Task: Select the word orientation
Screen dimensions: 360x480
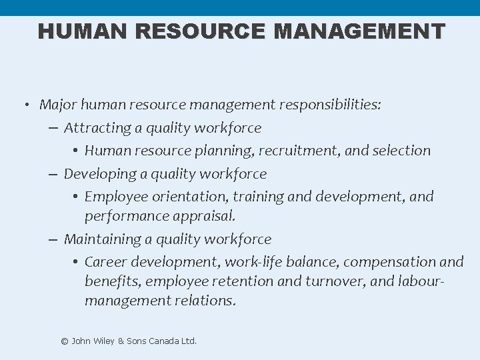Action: pos(189,197)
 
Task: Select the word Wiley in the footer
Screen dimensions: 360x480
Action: pos(103,341)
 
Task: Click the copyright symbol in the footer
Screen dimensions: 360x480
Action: pos(65,341)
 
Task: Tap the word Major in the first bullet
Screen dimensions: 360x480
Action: pos(57,105)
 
